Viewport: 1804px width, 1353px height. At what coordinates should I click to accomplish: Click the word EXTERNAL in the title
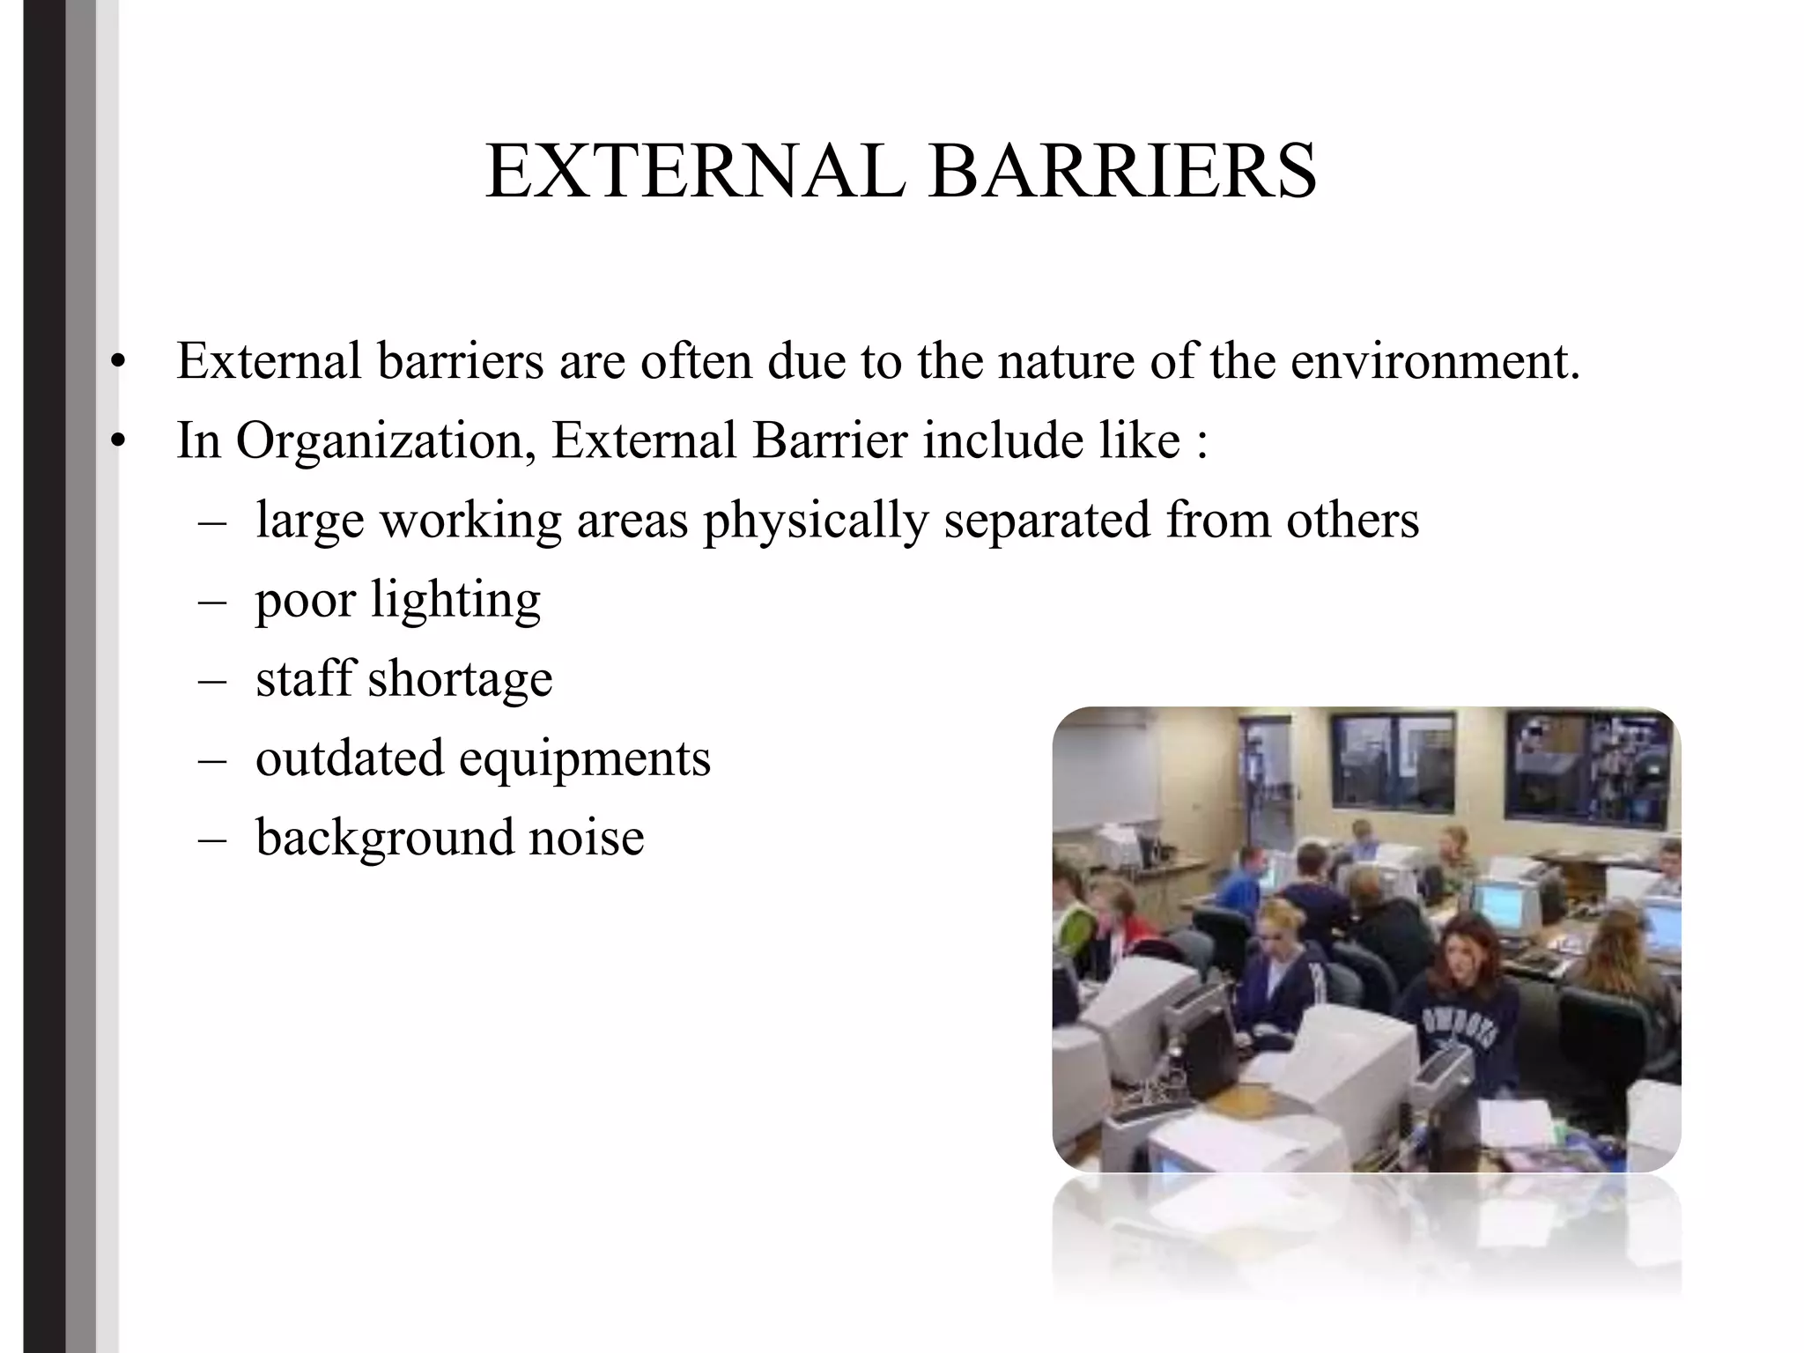pyautogui.click(x=695, y=171)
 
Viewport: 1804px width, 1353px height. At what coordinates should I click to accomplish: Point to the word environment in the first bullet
pyautogui.click(x=1435, y=361)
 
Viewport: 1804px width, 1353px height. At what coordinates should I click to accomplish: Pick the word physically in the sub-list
pyautogui.click(x=816, y=521)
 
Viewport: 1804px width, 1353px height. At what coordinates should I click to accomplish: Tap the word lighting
pyautogui.click(x=455, y=602)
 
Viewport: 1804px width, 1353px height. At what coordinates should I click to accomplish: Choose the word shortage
pyautogui.click(x=460, y=679)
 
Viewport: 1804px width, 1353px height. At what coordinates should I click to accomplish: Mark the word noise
pyautogui.click(x=586, y=837)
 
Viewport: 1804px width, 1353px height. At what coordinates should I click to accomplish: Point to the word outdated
pyautogui.click(x=350, y=758)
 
